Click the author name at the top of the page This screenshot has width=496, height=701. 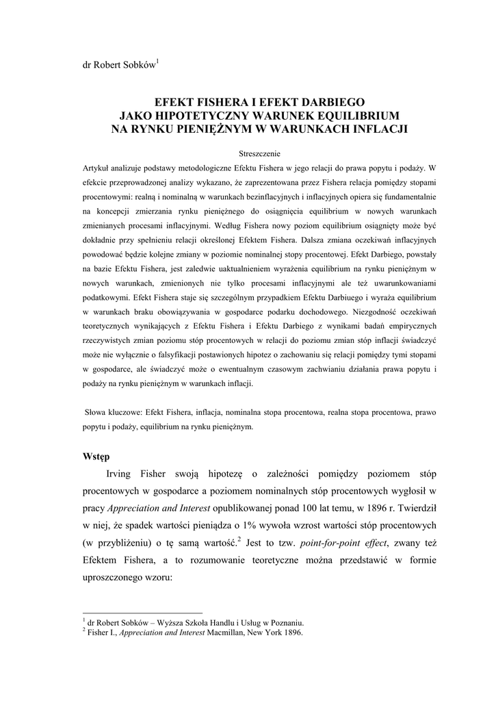[x=118, y=65]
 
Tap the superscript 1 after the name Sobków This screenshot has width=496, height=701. [x=158, y=62]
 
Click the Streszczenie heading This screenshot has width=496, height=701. [x=258, y=153]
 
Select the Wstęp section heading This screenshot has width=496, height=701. [x=96, y=455]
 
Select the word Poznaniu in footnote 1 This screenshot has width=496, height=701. [x=287, y=622]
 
